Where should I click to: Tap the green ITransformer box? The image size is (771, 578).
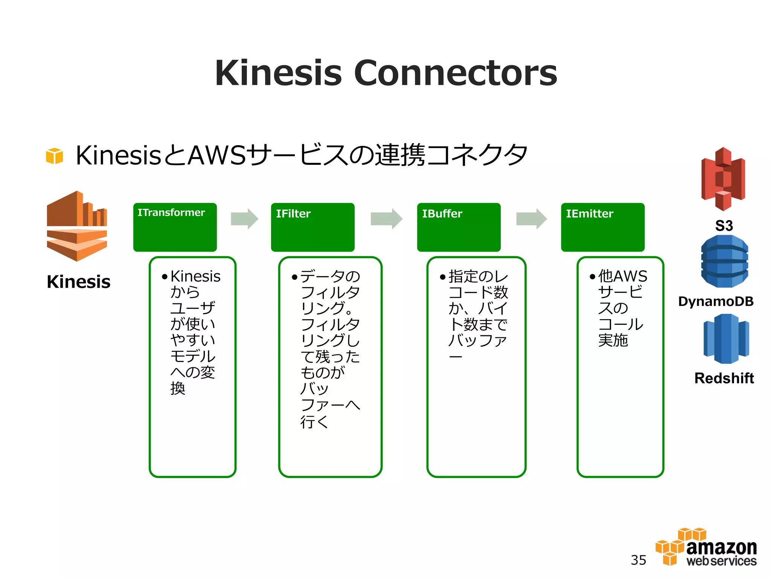175,227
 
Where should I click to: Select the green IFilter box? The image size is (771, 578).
312,227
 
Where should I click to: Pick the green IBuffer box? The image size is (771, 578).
459,227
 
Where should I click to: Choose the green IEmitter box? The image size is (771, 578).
602,227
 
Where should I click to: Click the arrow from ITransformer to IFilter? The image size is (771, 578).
244,219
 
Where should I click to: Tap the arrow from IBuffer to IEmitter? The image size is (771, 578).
531,219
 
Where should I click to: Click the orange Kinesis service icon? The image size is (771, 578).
77,226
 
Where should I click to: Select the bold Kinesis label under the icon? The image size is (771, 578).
78,282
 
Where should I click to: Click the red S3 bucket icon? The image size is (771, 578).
723,179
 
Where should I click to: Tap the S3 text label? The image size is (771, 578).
724,226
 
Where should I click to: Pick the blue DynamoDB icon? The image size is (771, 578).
724,261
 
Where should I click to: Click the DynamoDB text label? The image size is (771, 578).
716,301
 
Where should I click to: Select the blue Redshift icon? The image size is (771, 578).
726,339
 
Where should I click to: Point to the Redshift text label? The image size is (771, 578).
724,378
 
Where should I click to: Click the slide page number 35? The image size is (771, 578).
638,560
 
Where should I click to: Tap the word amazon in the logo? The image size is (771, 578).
721,548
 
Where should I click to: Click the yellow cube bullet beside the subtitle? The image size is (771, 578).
55,156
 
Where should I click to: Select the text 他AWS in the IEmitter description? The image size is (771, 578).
623,276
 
